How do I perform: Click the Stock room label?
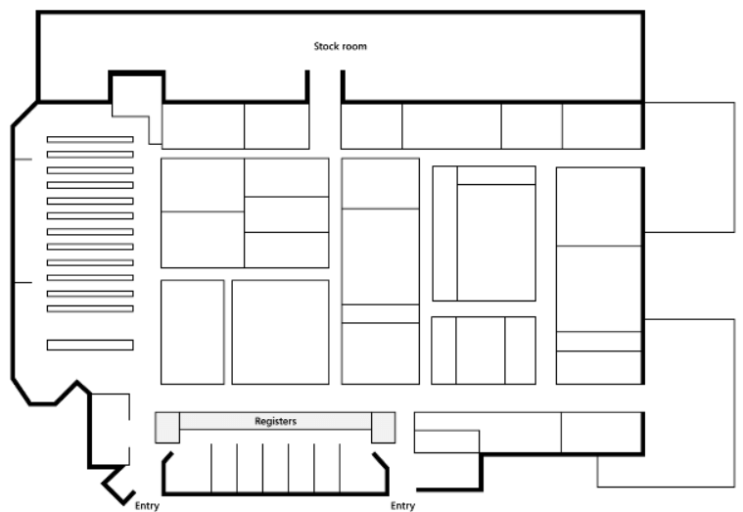click(341, 46)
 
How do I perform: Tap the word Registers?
click(276, 421)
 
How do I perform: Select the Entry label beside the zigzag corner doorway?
click(147, 506)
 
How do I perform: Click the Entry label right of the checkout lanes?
click(402, 506)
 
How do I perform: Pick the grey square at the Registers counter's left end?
click(167, 428)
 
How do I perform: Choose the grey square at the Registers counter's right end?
click(384, 428)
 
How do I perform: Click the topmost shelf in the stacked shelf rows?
click(90, 139)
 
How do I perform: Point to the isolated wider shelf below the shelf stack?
click(90, 345)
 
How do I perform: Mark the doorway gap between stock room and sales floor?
click(325, 86)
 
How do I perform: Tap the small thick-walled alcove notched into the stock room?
click(137, 88)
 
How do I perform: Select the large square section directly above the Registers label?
click(281, 332)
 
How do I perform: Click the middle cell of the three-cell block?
click(481, 350)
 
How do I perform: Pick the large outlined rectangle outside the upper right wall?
click(690, 167)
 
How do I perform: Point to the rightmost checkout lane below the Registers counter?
click(363, 469)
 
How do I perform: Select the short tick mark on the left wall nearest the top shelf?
click(23, 160)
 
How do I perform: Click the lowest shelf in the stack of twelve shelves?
click(90, 308)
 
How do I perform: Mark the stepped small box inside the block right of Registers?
click(446, 442)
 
